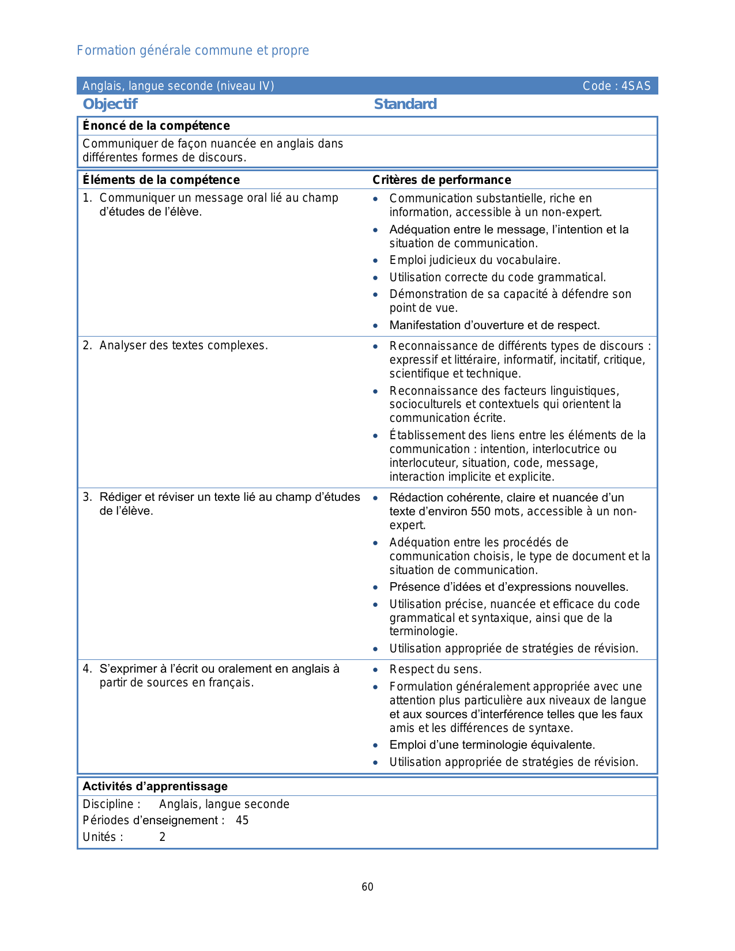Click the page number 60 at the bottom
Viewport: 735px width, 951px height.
367,887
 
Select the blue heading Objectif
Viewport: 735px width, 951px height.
110,104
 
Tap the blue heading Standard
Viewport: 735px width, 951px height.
405,104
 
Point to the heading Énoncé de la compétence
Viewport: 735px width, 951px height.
156,126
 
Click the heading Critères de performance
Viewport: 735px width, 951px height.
442,180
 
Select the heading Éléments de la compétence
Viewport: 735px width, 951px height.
161,180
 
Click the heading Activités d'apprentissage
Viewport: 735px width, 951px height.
155,786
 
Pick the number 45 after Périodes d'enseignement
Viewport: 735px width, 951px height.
242,820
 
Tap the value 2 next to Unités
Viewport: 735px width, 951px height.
163,837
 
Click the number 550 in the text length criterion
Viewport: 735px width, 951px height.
481,511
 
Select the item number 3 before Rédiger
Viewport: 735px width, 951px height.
86,497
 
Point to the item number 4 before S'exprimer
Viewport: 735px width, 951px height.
86,669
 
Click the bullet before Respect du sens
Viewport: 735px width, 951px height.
376,670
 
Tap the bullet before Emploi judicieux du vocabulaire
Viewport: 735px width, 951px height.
376,261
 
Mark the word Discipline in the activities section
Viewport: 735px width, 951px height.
108,804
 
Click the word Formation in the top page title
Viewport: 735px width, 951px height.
99,51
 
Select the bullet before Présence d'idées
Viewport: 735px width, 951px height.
376,587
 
